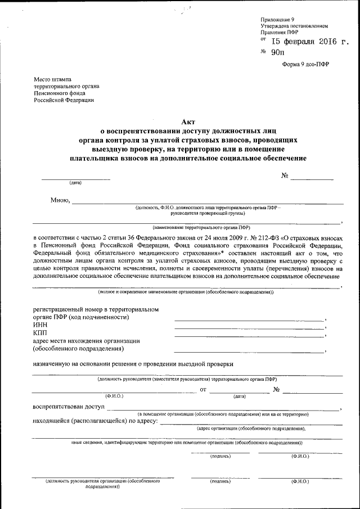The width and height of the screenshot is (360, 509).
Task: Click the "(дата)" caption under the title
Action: point(75,183)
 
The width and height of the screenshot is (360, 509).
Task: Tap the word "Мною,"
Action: point(60,200)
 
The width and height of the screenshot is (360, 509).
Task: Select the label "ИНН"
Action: point(40,325)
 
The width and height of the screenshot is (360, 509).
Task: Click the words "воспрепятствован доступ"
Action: point(69,406)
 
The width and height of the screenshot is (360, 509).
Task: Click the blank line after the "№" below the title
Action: point(312,178)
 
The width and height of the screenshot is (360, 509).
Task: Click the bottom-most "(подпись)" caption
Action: point(219,482)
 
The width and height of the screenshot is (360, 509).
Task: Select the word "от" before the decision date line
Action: point(203,389)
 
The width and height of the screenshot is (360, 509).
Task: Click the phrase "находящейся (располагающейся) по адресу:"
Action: point(95,420)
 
